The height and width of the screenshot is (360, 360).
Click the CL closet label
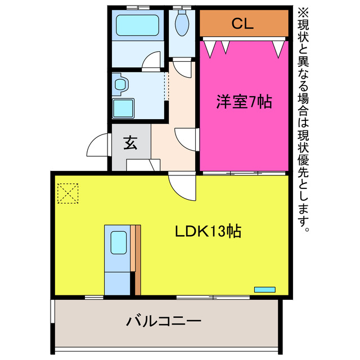[x=243, y=24]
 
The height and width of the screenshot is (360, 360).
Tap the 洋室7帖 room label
[x=244, y=102]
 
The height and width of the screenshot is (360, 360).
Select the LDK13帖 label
[x=207, y=231]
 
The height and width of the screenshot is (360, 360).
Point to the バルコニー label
[x=164, y=322]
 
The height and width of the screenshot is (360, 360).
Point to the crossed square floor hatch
[x=67, y=193]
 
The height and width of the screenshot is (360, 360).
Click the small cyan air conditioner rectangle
[x=264, y=289]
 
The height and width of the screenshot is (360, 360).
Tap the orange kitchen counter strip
[x=136, y=259]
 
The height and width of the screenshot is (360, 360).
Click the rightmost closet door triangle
[x=278, y=48]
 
